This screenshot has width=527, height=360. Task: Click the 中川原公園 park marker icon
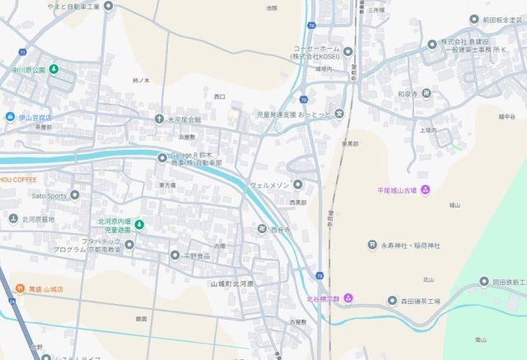pos(54,69)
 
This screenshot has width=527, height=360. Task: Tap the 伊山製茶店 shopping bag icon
pos(10,117)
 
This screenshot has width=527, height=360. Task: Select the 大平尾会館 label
pos(184,119)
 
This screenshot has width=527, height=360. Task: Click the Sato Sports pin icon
pos(75,195)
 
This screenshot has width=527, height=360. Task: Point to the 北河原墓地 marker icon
pos(13,218)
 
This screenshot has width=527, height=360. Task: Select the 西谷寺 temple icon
pos(262,229)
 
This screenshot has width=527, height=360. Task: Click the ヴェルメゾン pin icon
pos(298,185)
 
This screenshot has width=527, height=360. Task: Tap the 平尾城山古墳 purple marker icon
pos(425,191)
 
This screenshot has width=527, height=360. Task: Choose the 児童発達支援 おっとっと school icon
pos(338,113)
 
